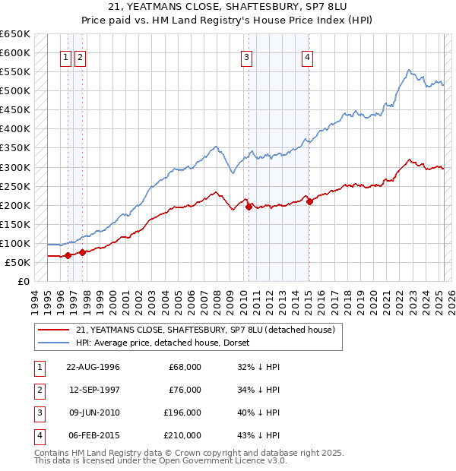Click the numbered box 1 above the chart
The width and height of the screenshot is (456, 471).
(x=67, y=56)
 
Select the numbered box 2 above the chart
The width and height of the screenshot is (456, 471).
(x=80, y=56)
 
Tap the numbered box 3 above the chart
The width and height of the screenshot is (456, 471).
(x=247, y=56)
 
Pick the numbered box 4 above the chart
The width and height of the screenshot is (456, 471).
(x=307, y=56)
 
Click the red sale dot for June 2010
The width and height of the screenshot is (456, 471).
(x=249, y=206)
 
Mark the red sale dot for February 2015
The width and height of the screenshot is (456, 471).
(x=309, y=201)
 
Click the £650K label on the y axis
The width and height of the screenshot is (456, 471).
(x=15, y=34)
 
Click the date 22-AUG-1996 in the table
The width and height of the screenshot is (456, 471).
(x=93, y=367)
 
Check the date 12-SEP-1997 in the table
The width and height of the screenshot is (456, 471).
(x=93, y=390)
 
